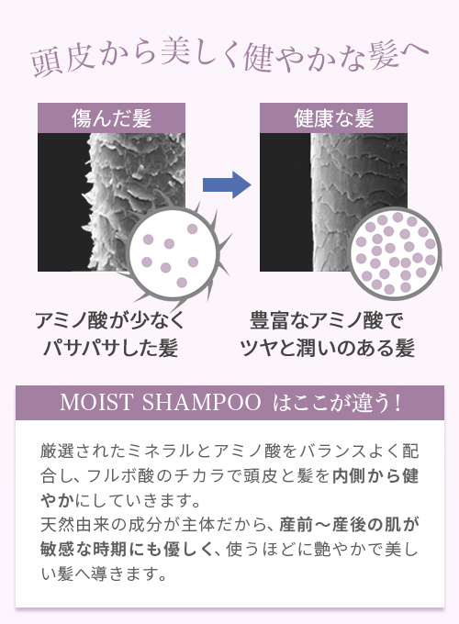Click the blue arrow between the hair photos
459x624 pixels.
click(x=227, y=184)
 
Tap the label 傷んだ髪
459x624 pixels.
click(x=111, y=118)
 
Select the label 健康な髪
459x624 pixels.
click(x=333, y=118)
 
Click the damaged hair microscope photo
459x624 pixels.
click(x=111, y=202)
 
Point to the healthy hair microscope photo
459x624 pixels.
click(x=333, y=202)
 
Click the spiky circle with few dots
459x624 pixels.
click(x=174, y=253)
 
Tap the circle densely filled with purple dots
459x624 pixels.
click(x=396, y=253)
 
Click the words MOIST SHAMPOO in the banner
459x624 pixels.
click(x=160, y=402)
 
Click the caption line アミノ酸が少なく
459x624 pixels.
click(x=111, y=320)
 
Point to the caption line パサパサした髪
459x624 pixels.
click(x=110, y=348)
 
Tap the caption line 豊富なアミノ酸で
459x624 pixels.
click(x=327, y=320)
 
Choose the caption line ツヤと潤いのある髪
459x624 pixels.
click(x=327, y=348)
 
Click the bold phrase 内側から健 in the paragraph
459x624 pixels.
click(x=375, y=476)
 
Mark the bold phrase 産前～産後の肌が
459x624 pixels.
click(x=349, y=525)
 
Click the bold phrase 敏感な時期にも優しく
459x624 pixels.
click(x=128, y=550)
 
